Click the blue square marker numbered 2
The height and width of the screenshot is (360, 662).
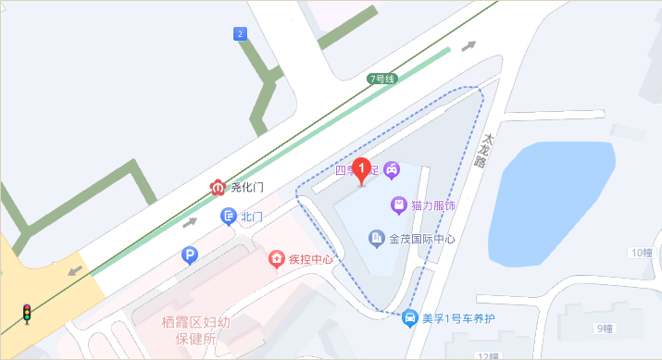[x=241, y=34]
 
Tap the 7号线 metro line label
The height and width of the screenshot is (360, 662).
[x=381, y=79]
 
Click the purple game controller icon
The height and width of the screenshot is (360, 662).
[x=392, y=169]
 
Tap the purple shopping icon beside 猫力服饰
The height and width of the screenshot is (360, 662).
[x=398, y=205]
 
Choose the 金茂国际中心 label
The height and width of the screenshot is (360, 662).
[x=423, y=240]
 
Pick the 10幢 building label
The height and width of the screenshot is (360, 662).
[x=641, y=253]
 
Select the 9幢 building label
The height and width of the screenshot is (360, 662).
[x=606, y=328]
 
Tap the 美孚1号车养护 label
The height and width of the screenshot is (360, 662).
[x=458, y=319]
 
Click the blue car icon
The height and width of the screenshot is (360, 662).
[x=409, y=318]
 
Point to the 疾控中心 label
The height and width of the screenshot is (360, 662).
[x=310, y=259]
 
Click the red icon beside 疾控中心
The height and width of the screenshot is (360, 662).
[x=276, y=258]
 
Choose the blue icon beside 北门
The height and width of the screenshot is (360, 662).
[x=228, y=217]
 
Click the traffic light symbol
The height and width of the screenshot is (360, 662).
[x=27, y=314]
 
